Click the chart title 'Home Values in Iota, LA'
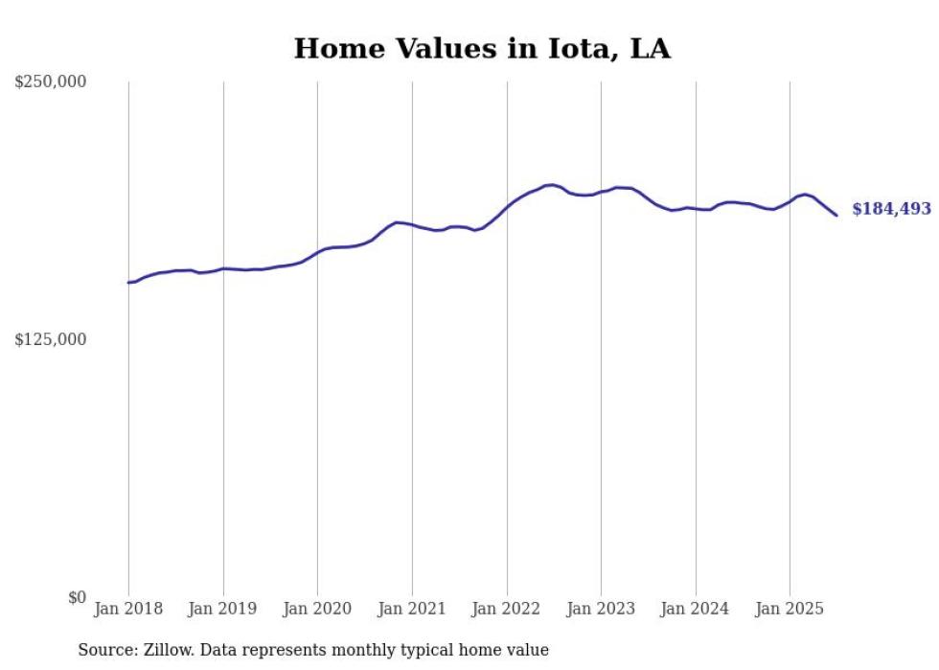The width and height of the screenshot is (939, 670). pyautogui.click(x=482, y=49)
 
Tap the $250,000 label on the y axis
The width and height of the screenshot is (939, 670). pyautogui.click(x=51, y=82)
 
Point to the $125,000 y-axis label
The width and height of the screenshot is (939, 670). pyautogui.click(x=51, y=339)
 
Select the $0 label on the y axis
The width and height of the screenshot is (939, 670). pyautogui.click(x=77, y=597)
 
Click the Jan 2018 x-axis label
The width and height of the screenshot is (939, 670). pyautogui.click(x=128, y=609)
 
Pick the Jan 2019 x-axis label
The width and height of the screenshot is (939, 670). pyautogui.click(x=223, y=609)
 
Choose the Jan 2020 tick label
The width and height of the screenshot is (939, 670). pyautogui.click(x=317, y=609)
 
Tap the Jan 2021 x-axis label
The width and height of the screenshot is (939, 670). pyautogui.click(x=412, y=609)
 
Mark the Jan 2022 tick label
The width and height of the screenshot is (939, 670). pyautogui.click(x=507, y=609)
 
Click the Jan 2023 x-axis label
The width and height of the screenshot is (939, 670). pyautogui.click(x=601, y=609)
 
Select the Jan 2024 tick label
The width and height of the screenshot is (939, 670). pyautogui.click(x=696, y=609)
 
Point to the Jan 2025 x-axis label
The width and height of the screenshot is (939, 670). pyautogui.click(x=790, y=609)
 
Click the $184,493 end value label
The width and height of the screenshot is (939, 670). pyautogui.click(x=891, y=209)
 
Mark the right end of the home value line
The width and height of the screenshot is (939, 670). pyautogui.click(x=836, y=215)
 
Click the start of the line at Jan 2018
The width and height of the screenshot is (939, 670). pyautogui.click(x=128, y=283)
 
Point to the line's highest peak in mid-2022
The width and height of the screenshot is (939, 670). pyautogui.click(x=552, y=185)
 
